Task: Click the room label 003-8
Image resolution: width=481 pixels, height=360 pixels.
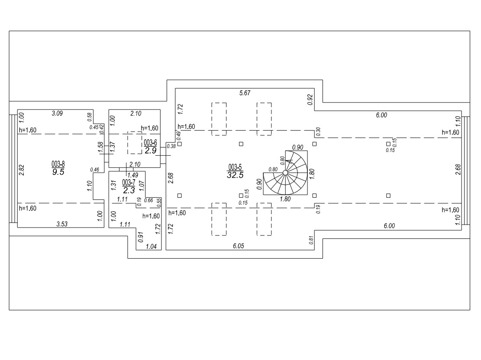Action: (x=58, y=164)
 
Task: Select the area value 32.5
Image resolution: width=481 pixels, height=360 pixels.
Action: (x=235, y=175)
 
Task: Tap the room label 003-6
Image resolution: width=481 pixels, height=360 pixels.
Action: (x=150, y=142)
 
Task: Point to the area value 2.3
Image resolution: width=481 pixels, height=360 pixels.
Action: (x=129, y=190)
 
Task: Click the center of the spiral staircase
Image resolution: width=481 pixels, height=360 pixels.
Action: (x=285, y=173)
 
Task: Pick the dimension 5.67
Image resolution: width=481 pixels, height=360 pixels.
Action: (x=245, y=93)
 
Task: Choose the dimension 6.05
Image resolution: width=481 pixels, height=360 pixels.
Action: (x=239, y=246)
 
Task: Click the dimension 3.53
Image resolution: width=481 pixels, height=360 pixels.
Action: (x=62, y=224)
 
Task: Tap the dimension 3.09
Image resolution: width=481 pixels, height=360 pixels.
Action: (x=57, y=113)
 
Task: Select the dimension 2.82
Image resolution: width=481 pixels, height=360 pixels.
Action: (x=22, y=170)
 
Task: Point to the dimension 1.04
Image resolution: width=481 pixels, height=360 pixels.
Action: (x=151, y=246)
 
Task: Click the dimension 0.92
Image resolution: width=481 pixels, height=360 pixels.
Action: (x=310, y=100)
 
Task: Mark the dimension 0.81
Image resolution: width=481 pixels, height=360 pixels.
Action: (x=312, y=240)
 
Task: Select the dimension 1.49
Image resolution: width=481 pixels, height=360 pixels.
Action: (x=133, y=175)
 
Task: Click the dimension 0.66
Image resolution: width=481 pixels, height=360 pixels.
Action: (x=148, y=200)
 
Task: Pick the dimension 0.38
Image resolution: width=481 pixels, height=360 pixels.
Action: (x=171, y=146)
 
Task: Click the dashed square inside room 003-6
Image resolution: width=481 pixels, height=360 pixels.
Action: (x=135, y=143)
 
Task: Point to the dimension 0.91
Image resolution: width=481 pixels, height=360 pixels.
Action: (x=141, y=237)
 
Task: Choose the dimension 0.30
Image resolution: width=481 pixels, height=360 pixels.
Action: (x=318, y=132)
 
